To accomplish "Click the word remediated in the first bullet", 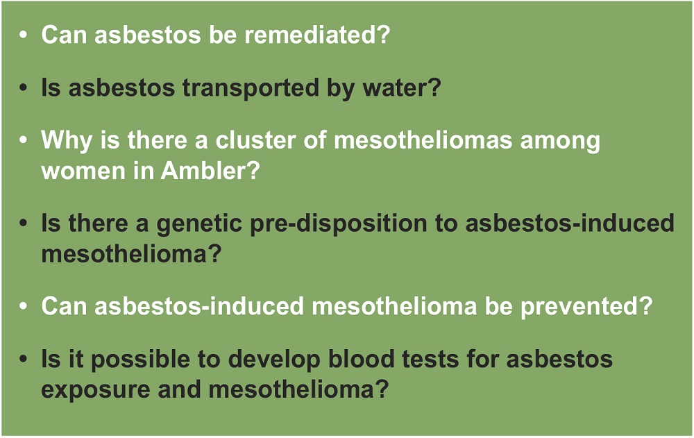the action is click(317, 34).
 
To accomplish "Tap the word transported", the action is click(250, 87).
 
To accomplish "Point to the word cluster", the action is click(255, 140).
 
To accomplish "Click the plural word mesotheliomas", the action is click(423, 140).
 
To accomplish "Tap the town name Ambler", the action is click(210, 171).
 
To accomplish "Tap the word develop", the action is click(274, 360).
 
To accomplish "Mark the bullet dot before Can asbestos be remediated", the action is click(23, 34).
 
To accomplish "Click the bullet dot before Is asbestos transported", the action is click(23, 87).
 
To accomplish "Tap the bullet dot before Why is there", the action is click(23, 140).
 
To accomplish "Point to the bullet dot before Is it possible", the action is click(23, 359).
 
